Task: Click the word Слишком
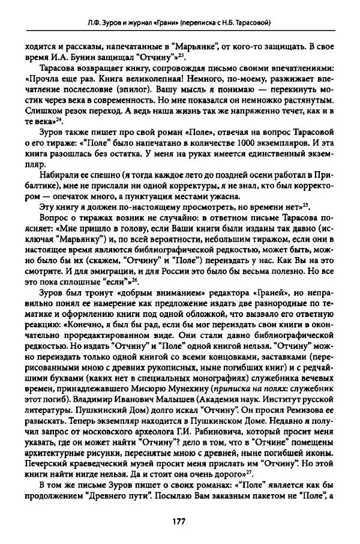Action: (41, 110)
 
